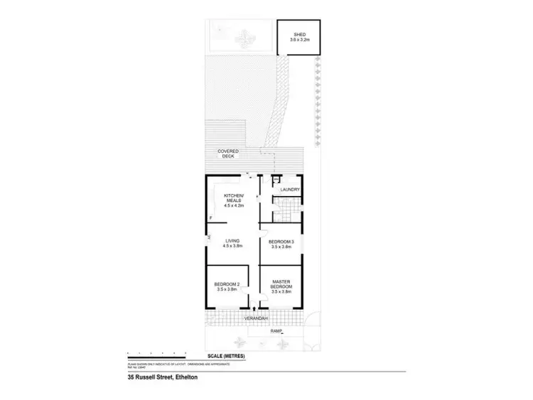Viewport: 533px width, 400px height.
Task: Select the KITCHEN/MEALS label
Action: tap(234, 198)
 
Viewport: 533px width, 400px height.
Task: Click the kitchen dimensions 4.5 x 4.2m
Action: tap(234, 207)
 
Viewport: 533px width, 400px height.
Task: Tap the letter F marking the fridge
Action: tap(210, 217)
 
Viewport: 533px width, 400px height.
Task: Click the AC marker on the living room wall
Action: tap(208, 238)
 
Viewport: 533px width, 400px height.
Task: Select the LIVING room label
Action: tap(233, 241)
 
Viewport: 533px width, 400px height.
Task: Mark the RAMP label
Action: tap(276, 331)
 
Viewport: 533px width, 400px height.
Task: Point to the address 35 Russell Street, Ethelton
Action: tap(158, 377)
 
